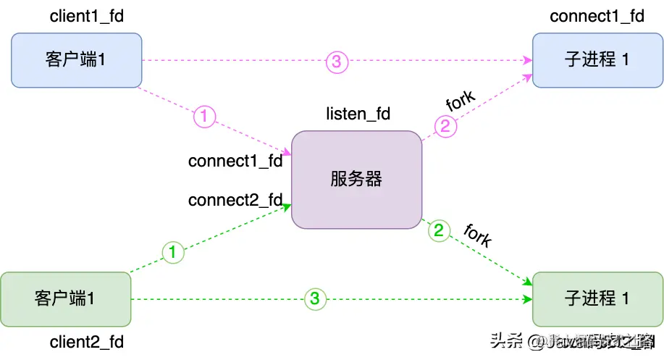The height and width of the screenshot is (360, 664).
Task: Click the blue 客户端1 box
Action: pos(76,59)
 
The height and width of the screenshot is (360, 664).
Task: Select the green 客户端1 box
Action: pos(65,298)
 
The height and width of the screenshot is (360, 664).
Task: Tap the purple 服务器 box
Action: pos(356,179)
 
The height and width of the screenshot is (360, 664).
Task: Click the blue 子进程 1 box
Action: pos(597,59)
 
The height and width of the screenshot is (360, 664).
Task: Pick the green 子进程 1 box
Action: pos(597,298)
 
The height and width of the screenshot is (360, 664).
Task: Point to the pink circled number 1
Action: pos(205,115)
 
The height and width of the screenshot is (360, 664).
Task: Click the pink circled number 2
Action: pos(446,127)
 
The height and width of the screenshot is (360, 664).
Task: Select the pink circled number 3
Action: pos(337,62)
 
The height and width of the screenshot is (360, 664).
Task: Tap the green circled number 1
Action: pos(172,253)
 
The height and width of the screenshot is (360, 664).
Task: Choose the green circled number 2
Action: pos(439,232)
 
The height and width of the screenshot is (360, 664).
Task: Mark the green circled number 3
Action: pos(314,298)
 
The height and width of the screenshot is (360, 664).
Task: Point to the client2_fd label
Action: pos(87,341)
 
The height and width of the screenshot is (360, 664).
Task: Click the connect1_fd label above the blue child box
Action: pos(597,16)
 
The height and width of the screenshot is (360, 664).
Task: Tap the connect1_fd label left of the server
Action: pos(235,161)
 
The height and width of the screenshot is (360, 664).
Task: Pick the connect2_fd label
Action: pos(235,200)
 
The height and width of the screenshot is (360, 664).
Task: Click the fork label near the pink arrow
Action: pos(461,101)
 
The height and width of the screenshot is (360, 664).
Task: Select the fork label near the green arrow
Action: pos(477,235)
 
